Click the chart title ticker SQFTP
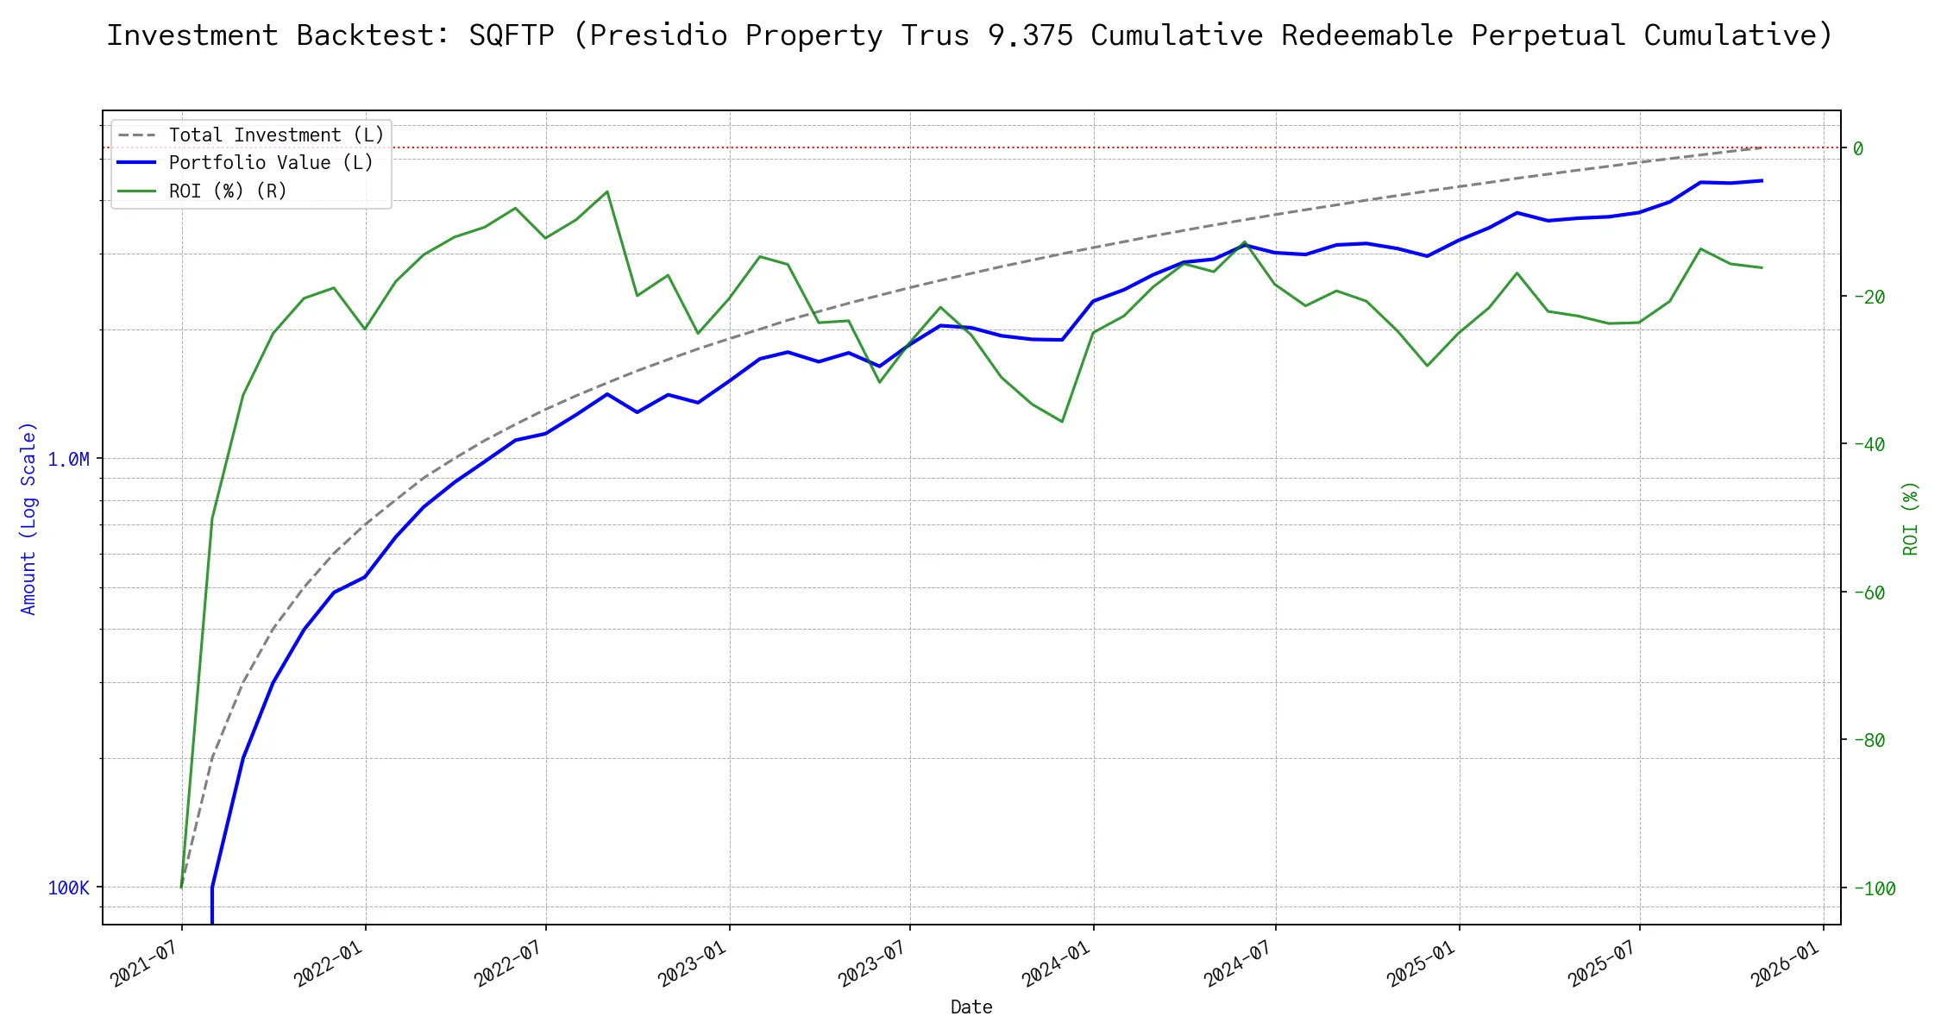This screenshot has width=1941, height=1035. [511, 35]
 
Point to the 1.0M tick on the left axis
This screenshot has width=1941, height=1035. [68, 459]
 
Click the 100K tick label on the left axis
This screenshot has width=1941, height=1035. [68, 888]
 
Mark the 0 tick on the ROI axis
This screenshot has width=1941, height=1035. [1858, 148]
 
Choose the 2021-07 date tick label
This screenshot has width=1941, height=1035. [145, 963]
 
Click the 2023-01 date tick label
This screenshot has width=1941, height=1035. [692, 963]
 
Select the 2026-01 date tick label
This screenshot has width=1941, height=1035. [1785, 963]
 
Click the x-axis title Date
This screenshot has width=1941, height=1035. [970, 1007]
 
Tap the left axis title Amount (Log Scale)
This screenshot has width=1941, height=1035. [28, 517]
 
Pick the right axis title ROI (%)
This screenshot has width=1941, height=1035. [1910, 517]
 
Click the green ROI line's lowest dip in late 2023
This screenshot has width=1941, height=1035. [1061, 422]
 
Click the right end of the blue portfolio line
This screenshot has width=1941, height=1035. [1762, 181]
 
